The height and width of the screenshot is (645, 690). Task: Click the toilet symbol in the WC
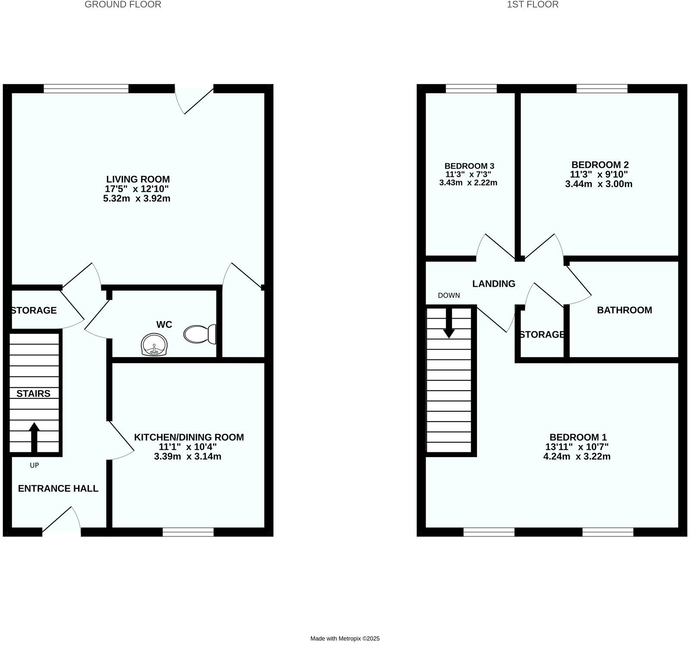coord(200,334)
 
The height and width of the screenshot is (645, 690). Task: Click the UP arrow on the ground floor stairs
coord(34,436)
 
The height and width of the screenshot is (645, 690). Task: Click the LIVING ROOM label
coord(138,179)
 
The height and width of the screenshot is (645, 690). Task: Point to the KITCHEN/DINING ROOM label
coord(189,437)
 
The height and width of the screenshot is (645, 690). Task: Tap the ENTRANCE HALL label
coord(58,488)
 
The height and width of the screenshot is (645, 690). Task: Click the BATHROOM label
coord(624,310)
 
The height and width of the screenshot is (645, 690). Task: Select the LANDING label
coord(493,284)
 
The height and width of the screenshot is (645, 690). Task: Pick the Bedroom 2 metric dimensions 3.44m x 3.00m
coord(599,184)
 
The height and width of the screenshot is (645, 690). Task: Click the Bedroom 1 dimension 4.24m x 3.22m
coord(577,457)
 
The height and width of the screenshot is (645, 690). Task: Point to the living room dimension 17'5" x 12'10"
coord(137,189)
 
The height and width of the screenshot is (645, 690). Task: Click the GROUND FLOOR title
coord(123,5)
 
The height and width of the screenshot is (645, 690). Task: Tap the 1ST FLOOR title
coord(533,5)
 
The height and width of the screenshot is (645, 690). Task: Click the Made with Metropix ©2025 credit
coord(345,639)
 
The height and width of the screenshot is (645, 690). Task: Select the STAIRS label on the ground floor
coord(33,393)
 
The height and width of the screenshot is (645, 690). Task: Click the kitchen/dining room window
coord(188,532)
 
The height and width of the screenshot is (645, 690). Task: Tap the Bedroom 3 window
coord(471,88)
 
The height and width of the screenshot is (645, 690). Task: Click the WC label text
coord(164,324)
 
